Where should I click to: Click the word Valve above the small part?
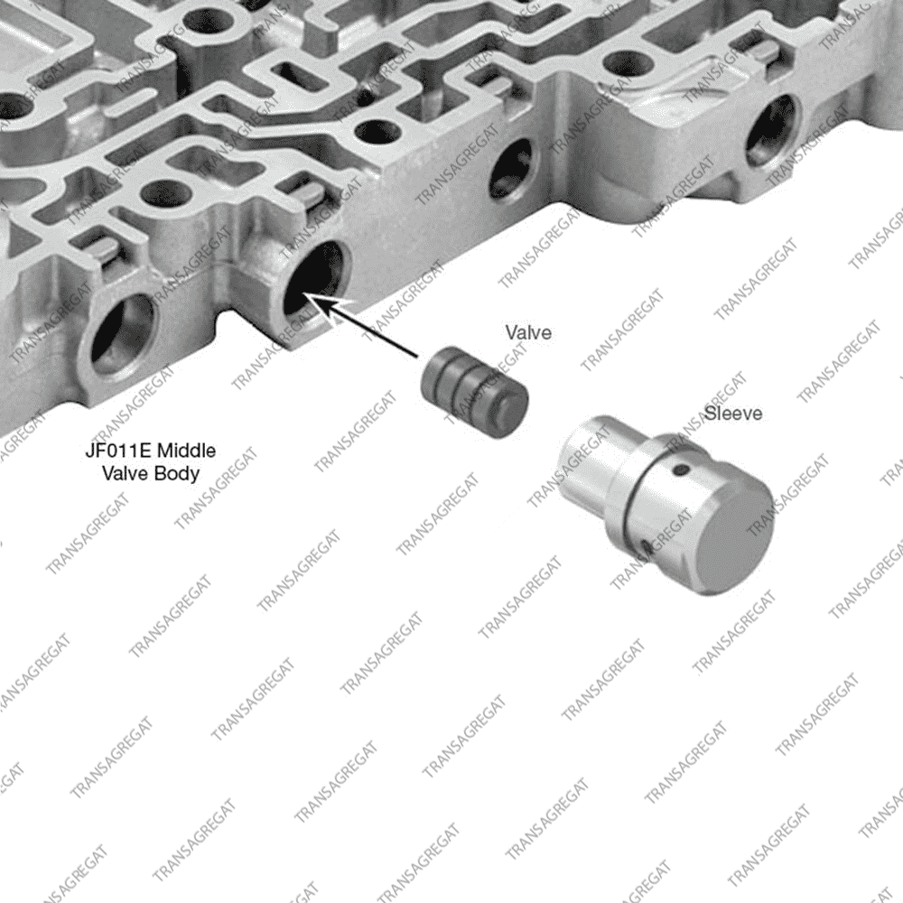528,332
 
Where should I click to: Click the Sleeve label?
733,413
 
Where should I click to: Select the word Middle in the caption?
187,450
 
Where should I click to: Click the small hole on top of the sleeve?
682,470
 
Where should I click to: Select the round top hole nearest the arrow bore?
163,193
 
